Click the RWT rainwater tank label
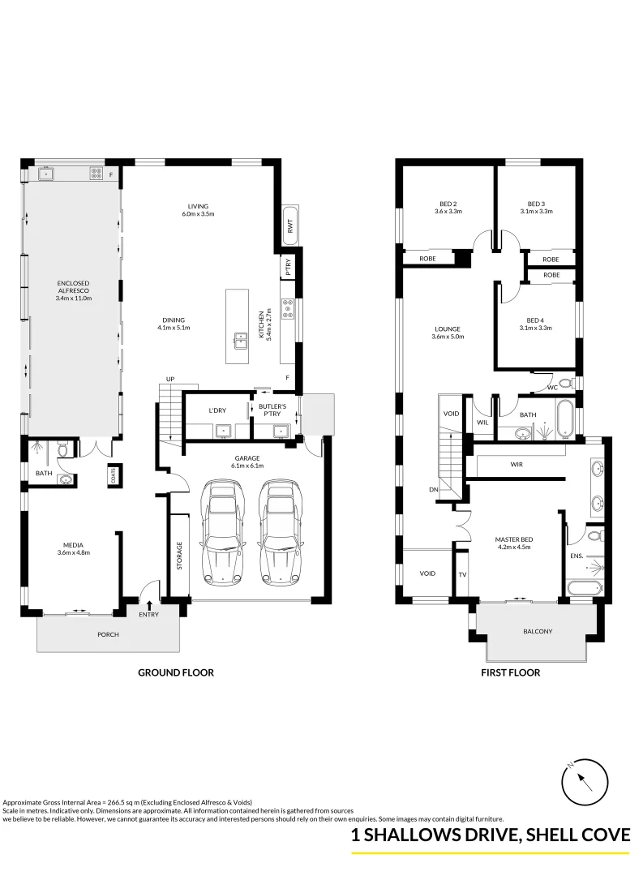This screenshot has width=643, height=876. click(290, 222)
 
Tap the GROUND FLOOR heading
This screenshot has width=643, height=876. click(176, 672)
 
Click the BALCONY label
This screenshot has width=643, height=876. click(538, 631)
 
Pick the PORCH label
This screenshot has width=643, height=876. click(108, 634)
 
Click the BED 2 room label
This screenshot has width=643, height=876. click(448, 204)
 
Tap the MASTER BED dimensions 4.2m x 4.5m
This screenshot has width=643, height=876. click(512, 547)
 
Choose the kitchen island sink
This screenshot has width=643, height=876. click(240, 338)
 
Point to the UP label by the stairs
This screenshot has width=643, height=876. click(170, 379)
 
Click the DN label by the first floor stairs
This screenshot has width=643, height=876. click(433, 489)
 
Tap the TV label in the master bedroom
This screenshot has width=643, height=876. click(462, 573)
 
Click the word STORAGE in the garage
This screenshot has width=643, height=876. click(179, 556)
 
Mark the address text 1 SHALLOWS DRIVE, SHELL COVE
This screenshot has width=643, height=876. click(490, 836)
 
